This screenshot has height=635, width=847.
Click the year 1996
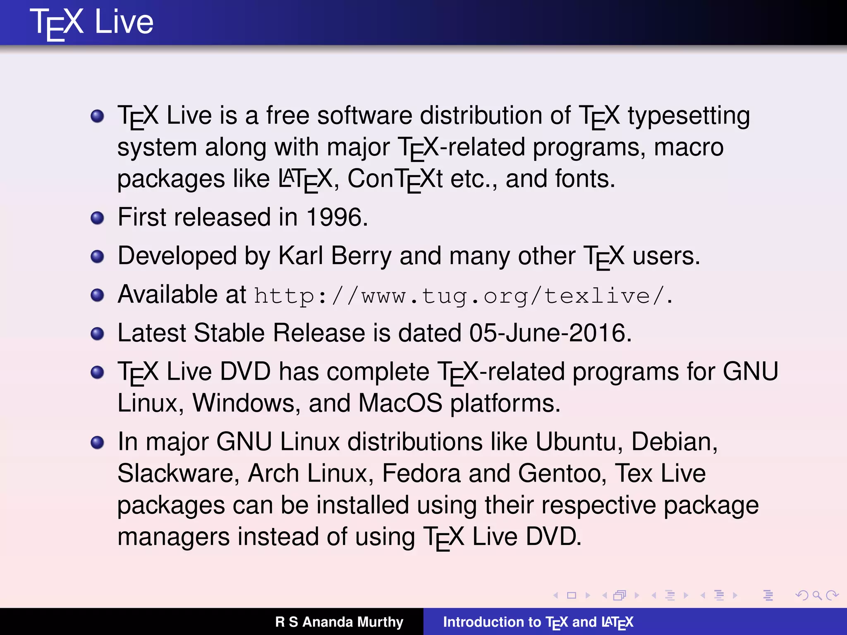(334, 217)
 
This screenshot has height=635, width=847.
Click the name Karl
(301, 256)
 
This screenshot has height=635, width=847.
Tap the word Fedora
(421, 474)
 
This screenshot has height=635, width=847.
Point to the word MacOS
(400, 403)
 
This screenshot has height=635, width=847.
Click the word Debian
(674, 442)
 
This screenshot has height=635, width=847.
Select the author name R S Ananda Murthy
(339, 622)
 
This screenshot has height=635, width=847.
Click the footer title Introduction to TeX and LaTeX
(538, 622)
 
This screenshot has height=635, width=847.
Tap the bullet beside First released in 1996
(97, 218)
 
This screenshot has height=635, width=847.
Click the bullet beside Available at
(97, 295)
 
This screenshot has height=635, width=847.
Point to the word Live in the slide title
(124, 22)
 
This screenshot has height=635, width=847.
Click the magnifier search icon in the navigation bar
(816, 595)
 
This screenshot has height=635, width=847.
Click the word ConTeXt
(395, 179)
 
